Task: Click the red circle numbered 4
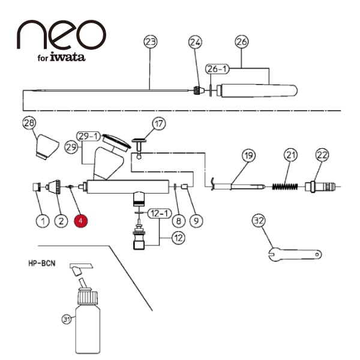(x=80, y=221)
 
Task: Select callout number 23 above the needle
(x=151, y=42)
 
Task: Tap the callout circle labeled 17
(x=159, y=124)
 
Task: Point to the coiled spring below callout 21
(x=285, y=187)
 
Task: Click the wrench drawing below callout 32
(x=295, y=254)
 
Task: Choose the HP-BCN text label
(x=42, y=263)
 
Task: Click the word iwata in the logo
(x=67, y=57)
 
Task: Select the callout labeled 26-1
(x=217, y=68)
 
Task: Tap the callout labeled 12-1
(x=160, y=214)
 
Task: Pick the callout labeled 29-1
(x=88, y=136)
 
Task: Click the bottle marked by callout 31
(x=88, y=322)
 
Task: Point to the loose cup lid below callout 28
(x=47, y=147)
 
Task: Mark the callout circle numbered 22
(x=322, y=155)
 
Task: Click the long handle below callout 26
(x=257, y=91)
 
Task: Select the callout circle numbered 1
(x=43, y=221)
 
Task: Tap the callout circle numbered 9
(x=196, y=221)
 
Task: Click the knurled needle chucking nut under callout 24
(x=197, y=91)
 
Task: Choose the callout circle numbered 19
(x=248, y=155)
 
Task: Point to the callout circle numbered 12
(x=179, y=238)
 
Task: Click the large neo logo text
(x=62, y=34)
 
